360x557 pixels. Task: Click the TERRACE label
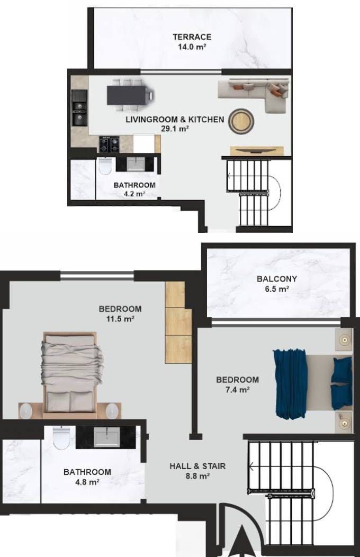click(x=192, y=37)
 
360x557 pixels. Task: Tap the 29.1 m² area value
click(x=175, y=129)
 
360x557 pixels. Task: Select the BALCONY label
click(x=277, y=279)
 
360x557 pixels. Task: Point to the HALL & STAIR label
click(x=197, y=466)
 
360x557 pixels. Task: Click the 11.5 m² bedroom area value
click(x=120, y=319)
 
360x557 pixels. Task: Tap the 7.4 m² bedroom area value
click(x=237, y=390)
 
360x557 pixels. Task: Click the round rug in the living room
click(x=241, y=122)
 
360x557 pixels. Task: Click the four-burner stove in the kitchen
click(x=109, y=144)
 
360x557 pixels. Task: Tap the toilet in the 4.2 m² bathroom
click(x=105, y=166)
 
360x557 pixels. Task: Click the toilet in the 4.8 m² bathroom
click(x=61, y=438)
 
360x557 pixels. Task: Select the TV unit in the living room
click(x=257, y=150)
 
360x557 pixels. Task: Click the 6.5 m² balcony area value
click(x=277, y=289)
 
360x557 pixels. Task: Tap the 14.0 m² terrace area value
click(x=192, y=47)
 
